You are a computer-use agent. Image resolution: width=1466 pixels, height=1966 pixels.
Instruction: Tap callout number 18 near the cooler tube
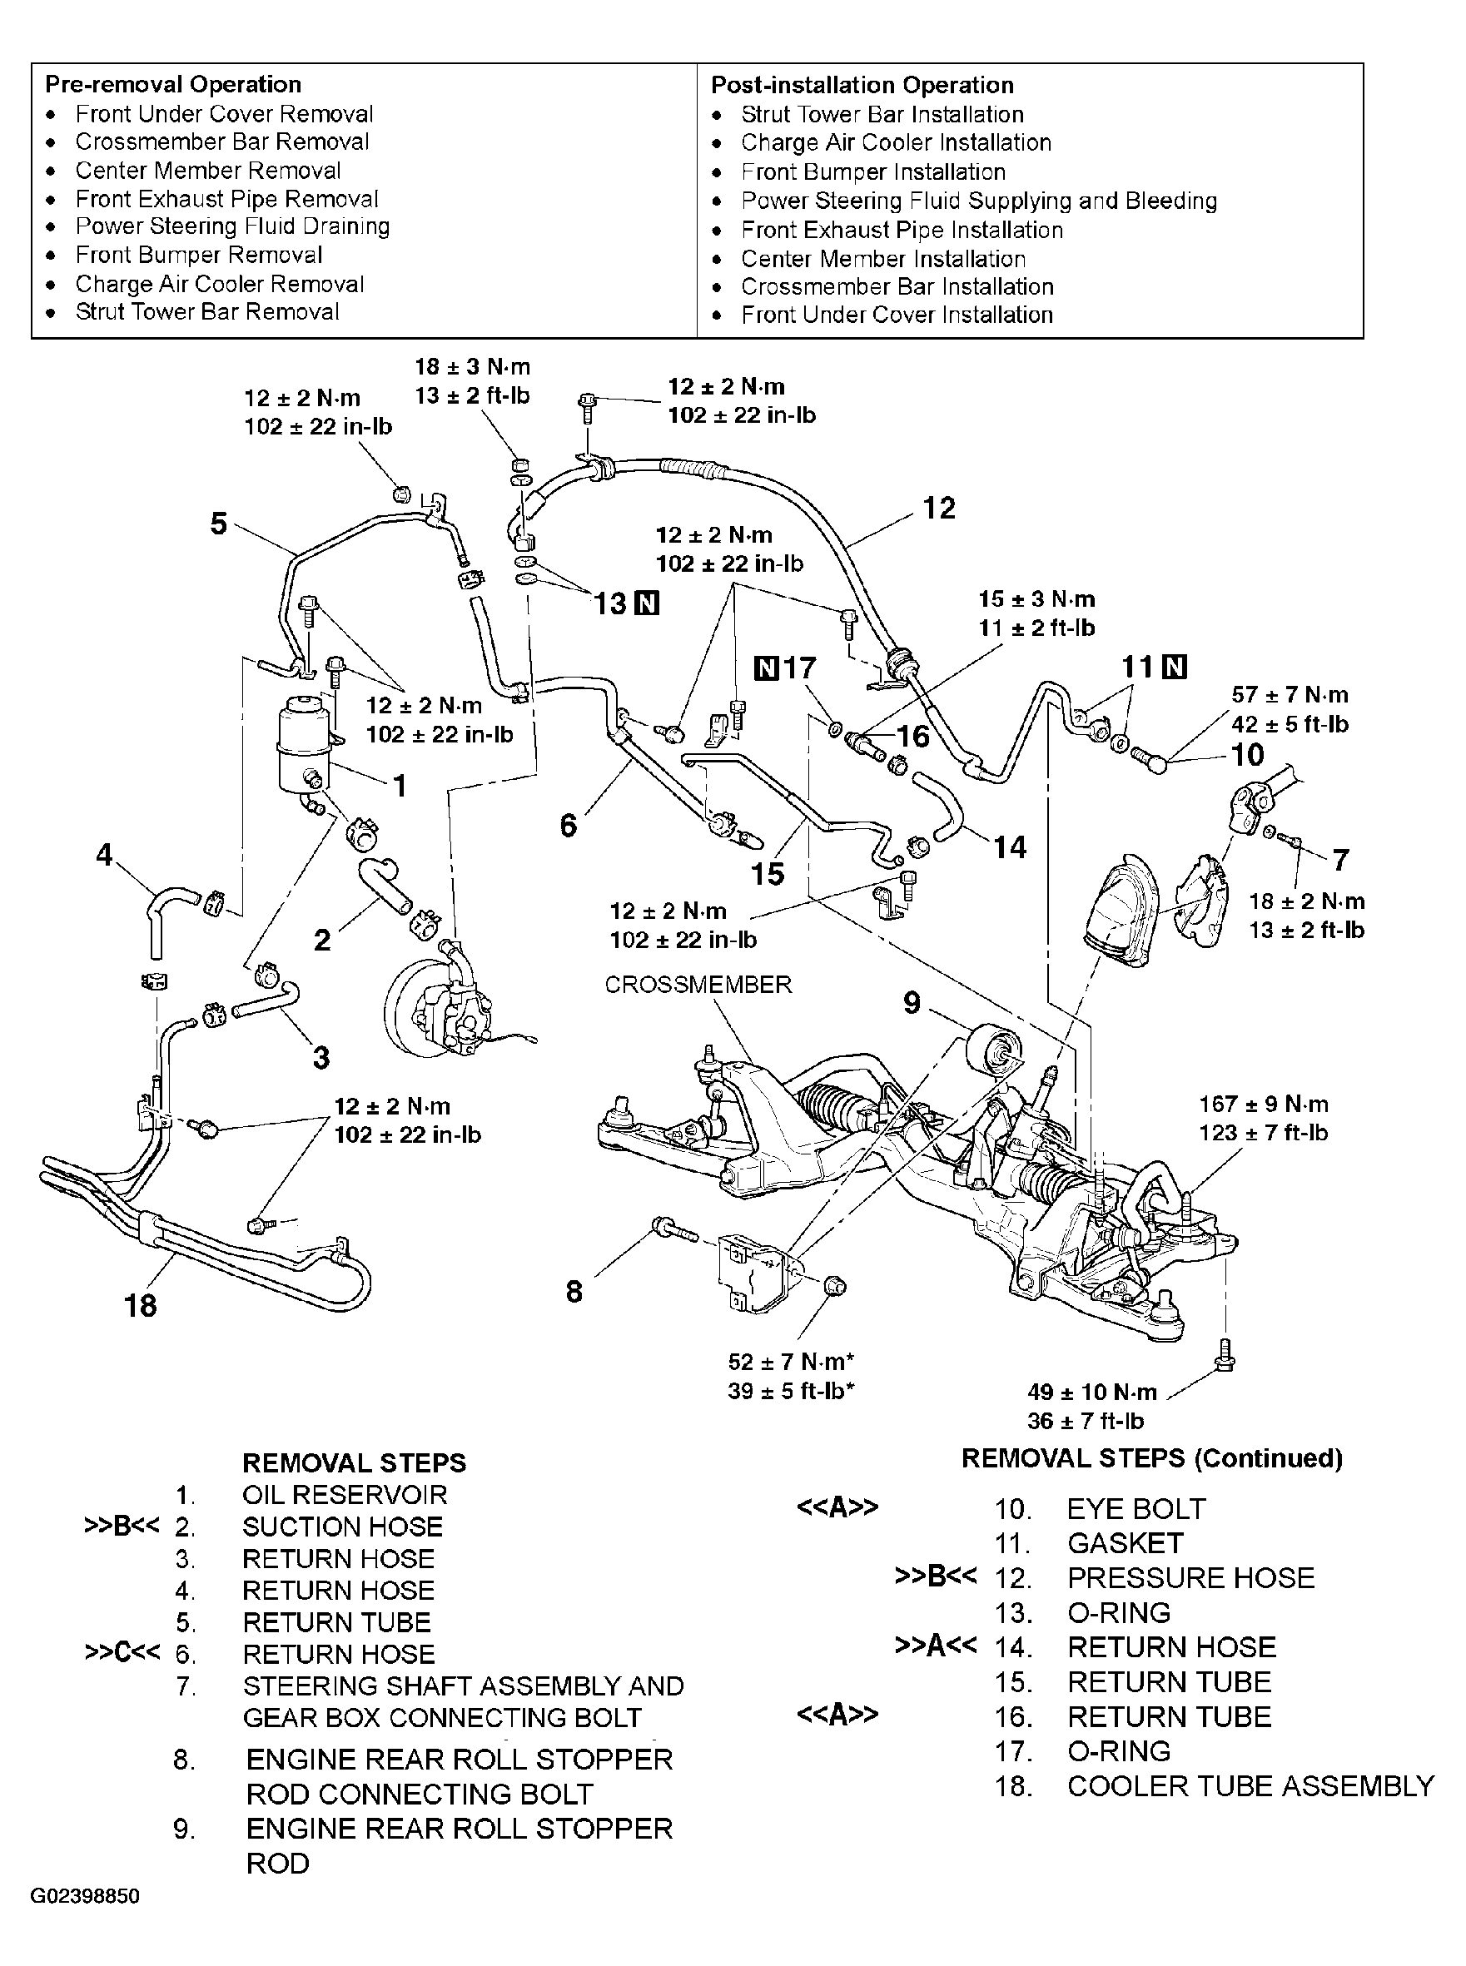click(140, 1305)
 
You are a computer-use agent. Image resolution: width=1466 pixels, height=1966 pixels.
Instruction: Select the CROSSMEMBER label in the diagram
click(698, 985)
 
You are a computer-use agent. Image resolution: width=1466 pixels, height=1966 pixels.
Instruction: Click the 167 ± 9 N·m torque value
click(1263, 1104)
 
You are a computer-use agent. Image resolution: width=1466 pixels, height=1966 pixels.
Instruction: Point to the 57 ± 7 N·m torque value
click(1289, 695)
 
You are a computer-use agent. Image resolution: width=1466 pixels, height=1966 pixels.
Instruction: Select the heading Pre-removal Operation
click(173, 84)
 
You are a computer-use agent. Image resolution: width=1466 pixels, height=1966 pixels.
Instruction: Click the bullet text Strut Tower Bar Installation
click(882, 114)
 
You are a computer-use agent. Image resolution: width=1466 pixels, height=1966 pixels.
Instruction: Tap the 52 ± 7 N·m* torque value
click(791, 1362)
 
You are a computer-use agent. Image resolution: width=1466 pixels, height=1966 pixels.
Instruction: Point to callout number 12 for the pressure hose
click(939, 509)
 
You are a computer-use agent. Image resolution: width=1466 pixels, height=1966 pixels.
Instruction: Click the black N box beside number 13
click(648, 604)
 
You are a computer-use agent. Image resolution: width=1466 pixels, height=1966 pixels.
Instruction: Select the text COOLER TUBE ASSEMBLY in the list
click(1250, 1786)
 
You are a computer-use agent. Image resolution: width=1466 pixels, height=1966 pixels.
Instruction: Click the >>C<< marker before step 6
click(122, 1654)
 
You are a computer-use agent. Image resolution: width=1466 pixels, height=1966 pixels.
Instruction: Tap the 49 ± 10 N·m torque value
click(1091, 1391)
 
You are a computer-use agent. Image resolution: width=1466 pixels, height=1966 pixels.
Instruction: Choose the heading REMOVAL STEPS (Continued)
click(1152, 1458)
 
